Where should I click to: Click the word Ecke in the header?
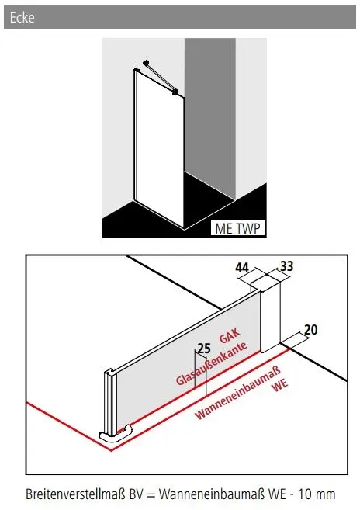[22, 17]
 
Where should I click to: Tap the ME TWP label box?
[238, 228]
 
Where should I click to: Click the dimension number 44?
[242, 268]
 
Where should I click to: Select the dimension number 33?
[286, 266]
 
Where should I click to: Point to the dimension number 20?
[310, 330]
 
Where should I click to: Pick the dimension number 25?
[204, 349]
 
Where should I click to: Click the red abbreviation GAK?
[230, 336]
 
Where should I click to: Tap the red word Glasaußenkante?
[211, 363]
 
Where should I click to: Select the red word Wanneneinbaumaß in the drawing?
[237, 393]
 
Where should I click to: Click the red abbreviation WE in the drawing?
[280, 385]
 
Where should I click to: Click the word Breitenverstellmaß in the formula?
[75, 494]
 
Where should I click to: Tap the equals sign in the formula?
[151, 494]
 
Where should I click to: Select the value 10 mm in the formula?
[317, 494]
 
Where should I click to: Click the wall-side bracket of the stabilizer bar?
[146, 62]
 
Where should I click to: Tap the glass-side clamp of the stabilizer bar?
[175, 92]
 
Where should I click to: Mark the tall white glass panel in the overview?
[159, 148]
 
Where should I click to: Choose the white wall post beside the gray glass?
[270, 315]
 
